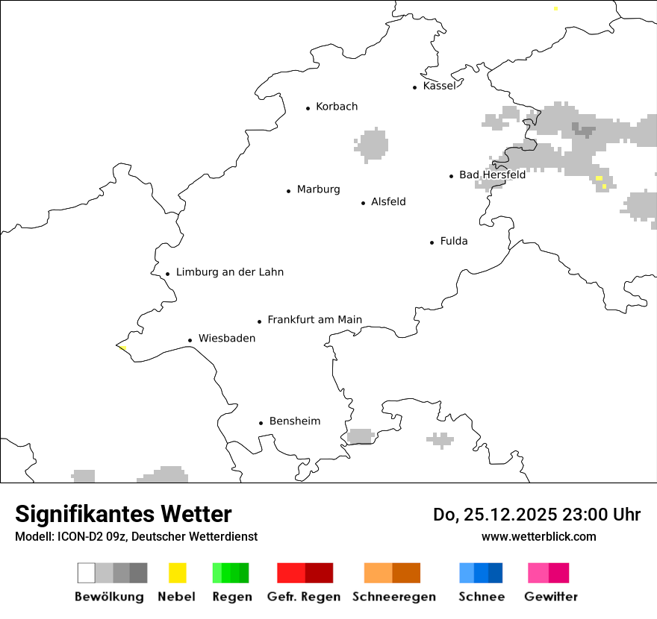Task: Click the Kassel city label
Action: coord(439,86)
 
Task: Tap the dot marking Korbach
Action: coord(308,108)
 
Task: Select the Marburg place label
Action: coord(318,189)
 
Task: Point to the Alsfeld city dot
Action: coord(364,203)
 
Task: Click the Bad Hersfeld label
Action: coord(492,175)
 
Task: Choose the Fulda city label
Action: coord(454,241)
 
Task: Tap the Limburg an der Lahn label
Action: coord(230,272)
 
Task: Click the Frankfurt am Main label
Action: coord(314,320)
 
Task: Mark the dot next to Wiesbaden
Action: coord(190,340)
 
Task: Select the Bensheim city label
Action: coord(295,421)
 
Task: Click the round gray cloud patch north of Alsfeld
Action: coord(372,145)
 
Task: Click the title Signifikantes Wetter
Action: coord(123,514)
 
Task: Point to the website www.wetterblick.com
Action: coord(538,536)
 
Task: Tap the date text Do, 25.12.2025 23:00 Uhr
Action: coord(537,515)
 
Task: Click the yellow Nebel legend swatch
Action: coord(178,573)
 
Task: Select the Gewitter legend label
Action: coord(551,597)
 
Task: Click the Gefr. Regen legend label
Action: coord(304,597)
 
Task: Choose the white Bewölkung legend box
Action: coord(87,573)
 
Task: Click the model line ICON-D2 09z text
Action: coord(136,536)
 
